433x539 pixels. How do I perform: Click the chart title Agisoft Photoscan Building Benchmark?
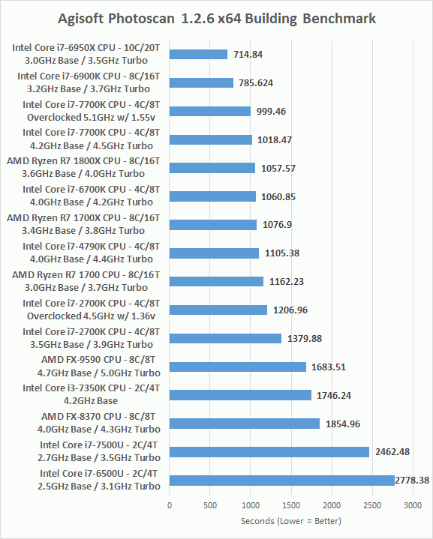[217, 19]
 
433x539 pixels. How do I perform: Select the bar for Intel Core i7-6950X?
[198, 54]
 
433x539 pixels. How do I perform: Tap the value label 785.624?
[256, 83]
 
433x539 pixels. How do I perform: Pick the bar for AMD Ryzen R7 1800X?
[212, 168]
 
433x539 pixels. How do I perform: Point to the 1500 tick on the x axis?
[291, 505]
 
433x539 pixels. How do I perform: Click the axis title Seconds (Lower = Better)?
[291, 521]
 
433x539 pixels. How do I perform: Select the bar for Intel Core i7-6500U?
[282, 481]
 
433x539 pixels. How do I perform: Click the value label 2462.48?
[392, 452]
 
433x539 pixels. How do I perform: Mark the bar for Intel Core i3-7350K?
[240, 395]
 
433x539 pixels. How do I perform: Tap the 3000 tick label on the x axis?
[413, 505]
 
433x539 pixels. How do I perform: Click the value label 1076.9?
[277, 225]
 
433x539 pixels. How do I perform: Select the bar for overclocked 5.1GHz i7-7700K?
[210, 112]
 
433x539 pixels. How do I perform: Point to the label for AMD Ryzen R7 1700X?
[83, 224]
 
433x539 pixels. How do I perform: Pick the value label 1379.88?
[305, 339]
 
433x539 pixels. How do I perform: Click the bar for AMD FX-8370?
[245, 424]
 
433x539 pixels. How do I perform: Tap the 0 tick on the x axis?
[170, 505]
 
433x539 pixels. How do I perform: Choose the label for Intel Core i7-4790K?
[92, 253]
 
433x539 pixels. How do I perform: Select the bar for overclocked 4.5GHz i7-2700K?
[218, 310]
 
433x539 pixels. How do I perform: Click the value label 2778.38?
[412, 481]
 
